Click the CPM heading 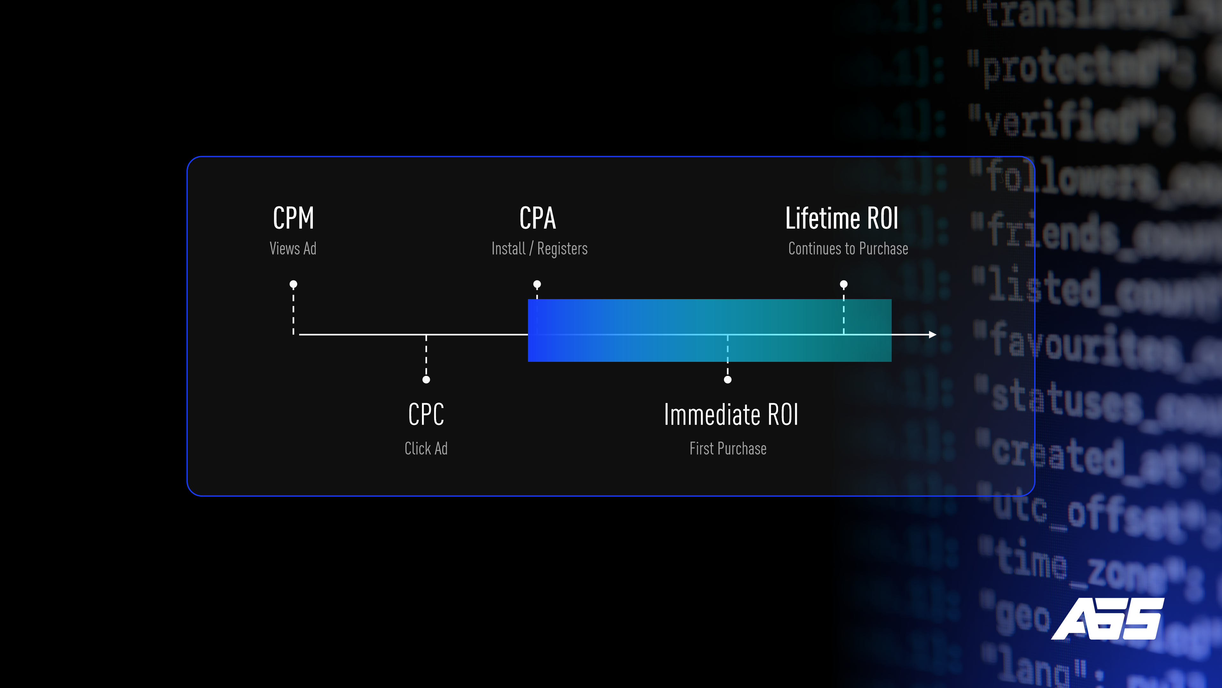tap(293, 219)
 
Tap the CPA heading tap(537, 219)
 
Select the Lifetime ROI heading tap(841, 219)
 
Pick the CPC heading tap(426, 414)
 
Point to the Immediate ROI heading tap(731, 414)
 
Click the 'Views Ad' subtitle tap(293, 248)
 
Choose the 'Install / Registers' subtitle tap(539, 248)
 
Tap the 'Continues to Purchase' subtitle tap(848, 248)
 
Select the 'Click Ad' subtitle tap(426, 448)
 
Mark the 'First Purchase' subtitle tap(728, 448)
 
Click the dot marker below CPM tap(293, 284)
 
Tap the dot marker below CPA tap(537, 284)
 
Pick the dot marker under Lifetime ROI tap(843, 284)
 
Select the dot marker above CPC tap(426, 379)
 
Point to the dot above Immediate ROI tap(728, 379)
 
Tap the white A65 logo tap(1108, 619)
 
